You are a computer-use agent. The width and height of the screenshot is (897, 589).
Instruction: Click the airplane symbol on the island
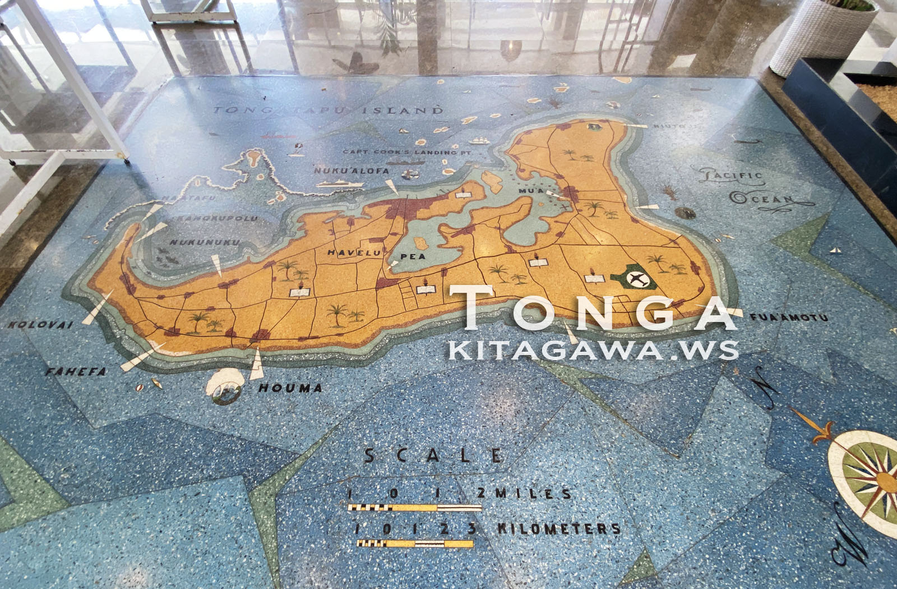pyautogui.click(x=636, y=278)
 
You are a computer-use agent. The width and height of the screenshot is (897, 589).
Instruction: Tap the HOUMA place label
pyautogui.click(x=290, y=388)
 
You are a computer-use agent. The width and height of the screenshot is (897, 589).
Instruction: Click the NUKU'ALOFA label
pyautogui.click(x=344, y=170)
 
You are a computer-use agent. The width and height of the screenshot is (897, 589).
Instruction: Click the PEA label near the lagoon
pyautogui.click(x=414, y=256)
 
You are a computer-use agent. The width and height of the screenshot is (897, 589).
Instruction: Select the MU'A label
pyautogui.click(x=531, y=191)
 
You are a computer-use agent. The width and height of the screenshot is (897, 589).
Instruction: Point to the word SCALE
pyautogui.click(x=433, y=455)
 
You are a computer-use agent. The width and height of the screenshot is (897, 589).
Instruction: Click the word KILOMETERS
pyautogui.click(x=559, y=528)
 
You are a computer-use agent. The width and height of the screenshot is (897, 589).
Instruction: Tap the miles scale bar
pyautogui.click(x=414, y=508)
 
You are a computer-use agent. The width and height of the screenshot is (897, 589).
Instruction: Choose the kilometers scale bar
pyautogui.click(x=414, y=543)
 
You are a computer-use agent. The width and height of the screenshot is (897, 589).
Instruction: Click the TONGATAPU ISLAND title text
pyautogui.click(x=328, y=110)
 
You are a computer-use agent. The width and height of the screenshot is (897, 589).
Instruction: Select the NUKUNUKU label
pyautogui.click(x=205, y=242)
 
